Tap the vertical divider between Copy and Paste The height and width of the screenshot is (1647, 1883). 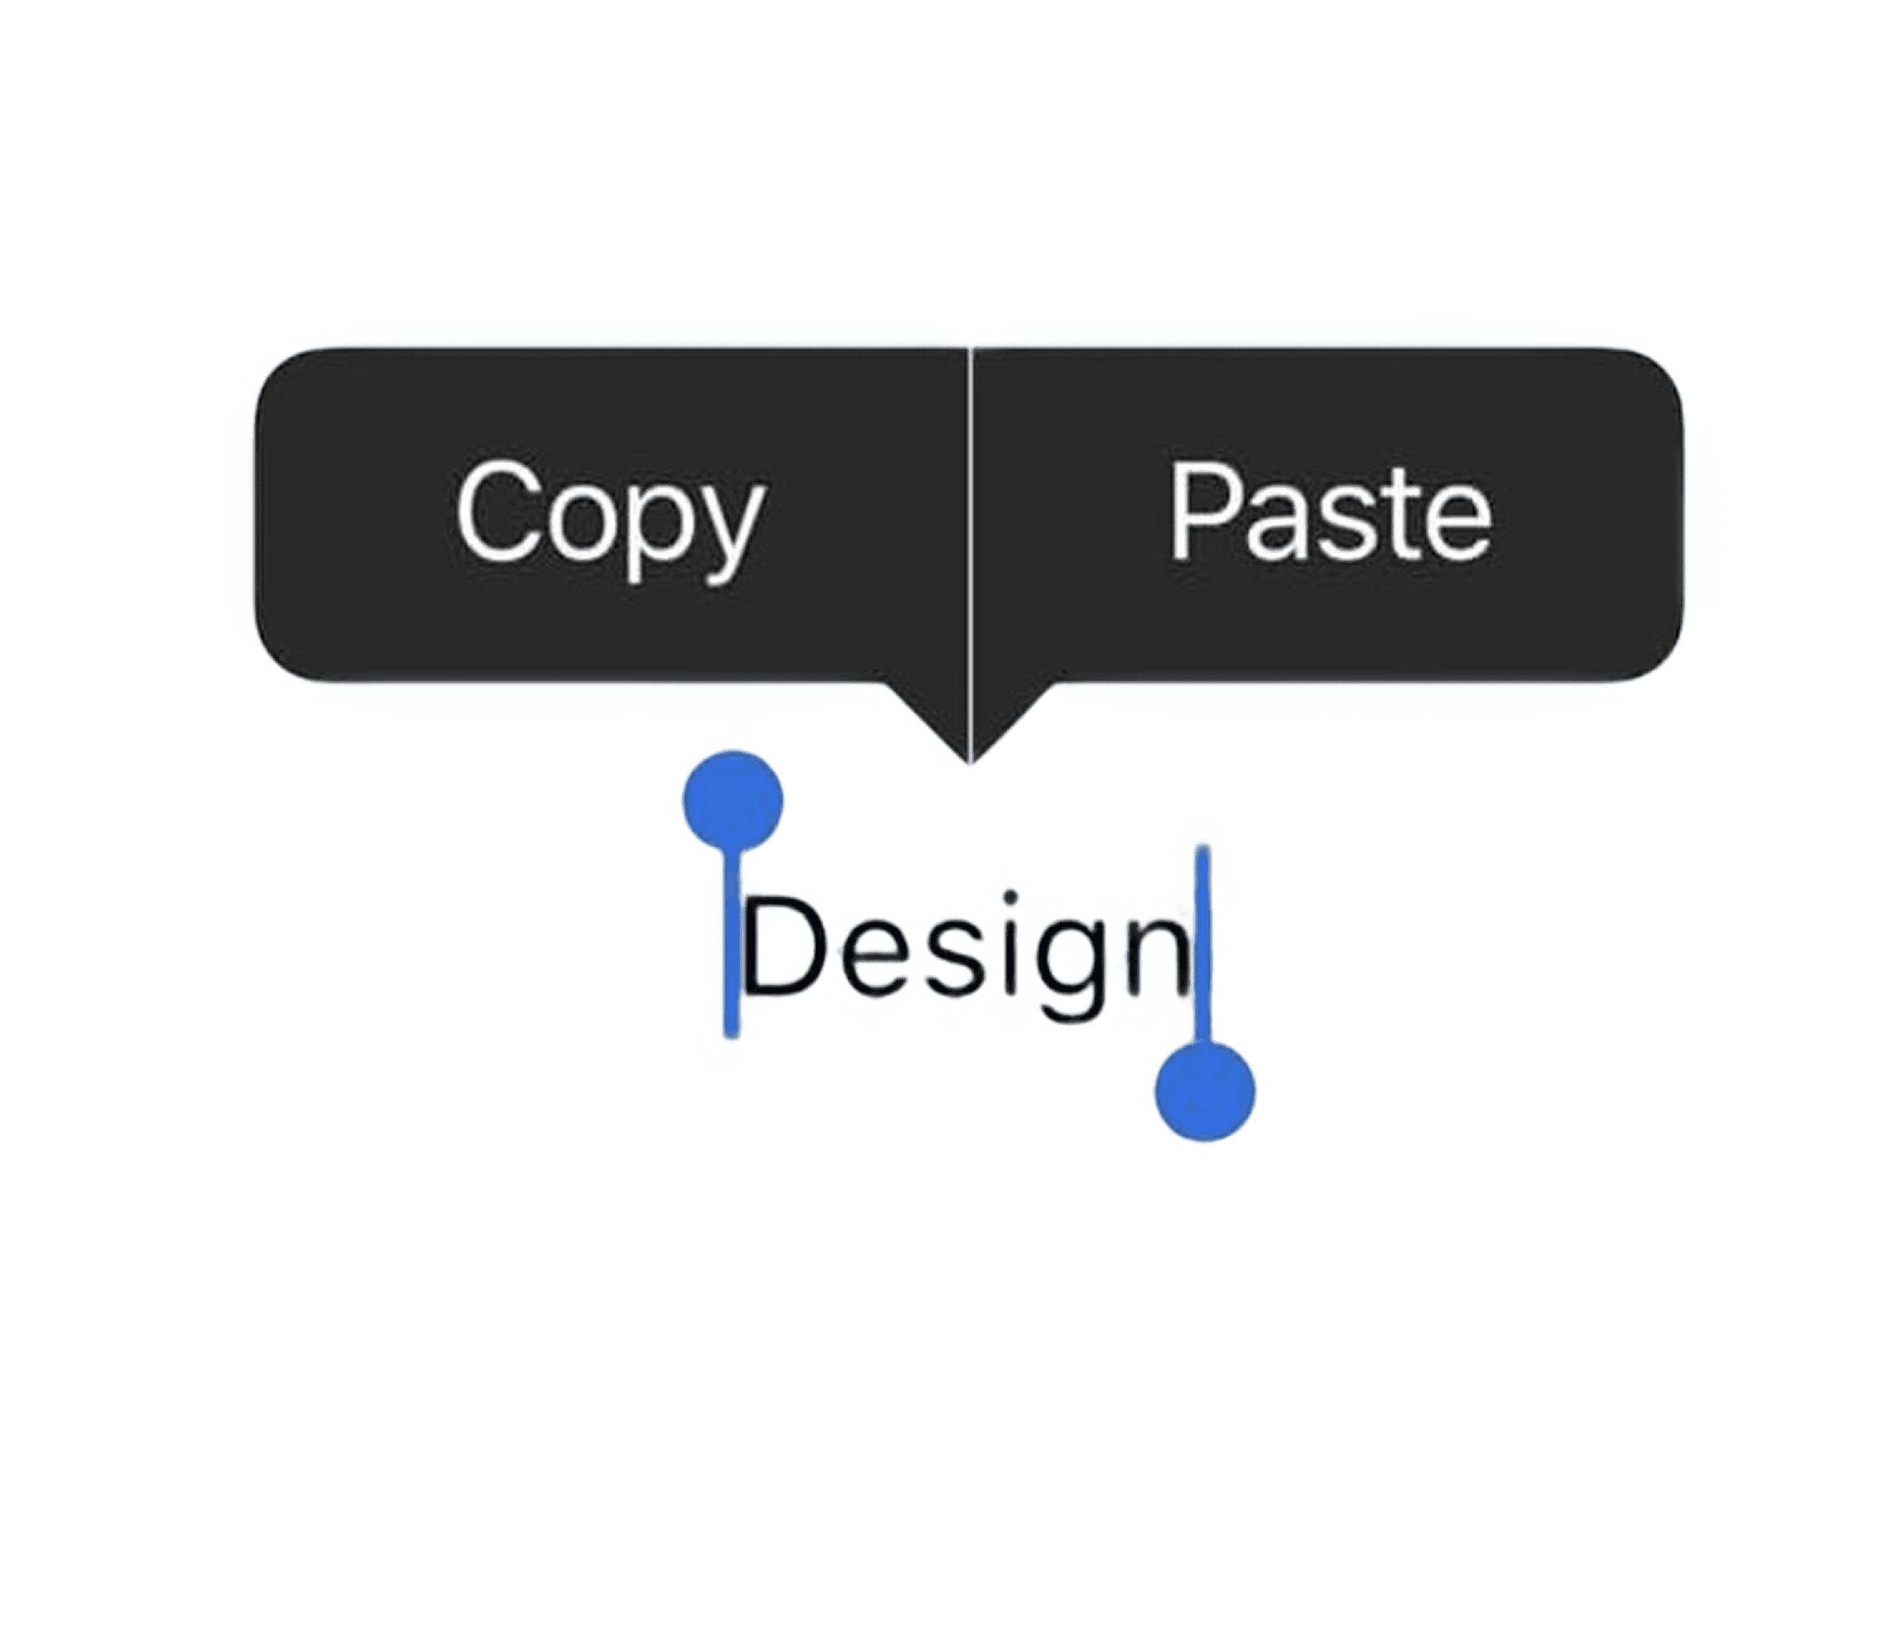coord(970,514)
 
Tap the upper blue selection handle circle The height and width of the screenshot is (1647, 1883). coord(734,800)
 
